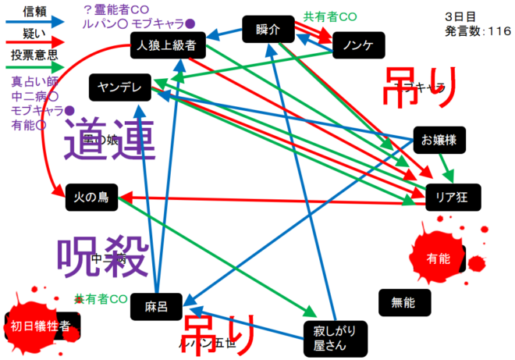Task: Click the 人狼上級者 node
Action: (167, 46)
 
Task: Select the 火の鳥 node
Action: (91, 198)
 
